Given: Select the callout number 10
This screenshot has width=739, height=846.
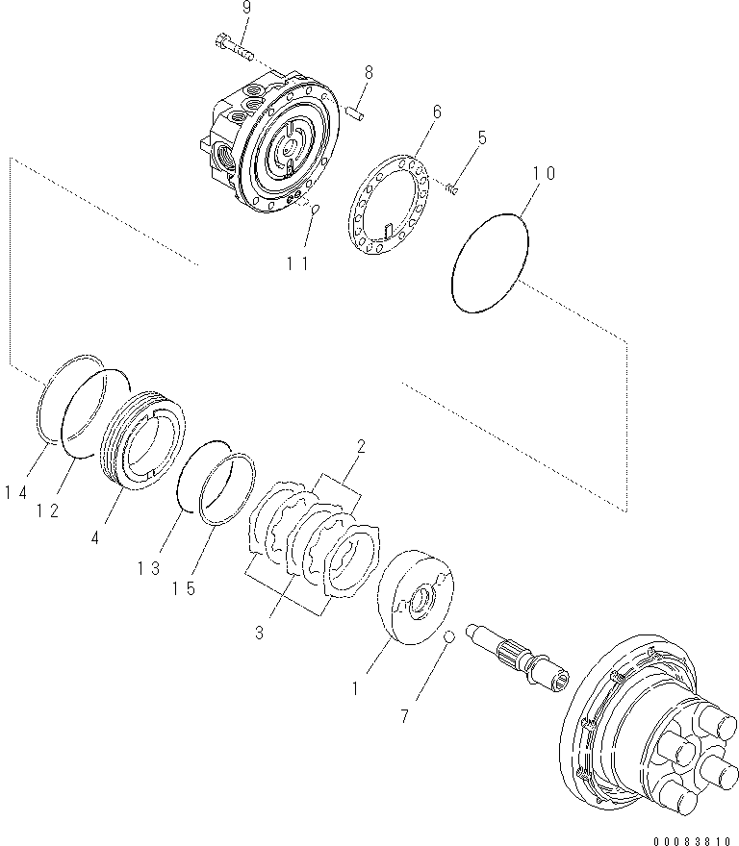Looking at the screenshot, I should [544, 174].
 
